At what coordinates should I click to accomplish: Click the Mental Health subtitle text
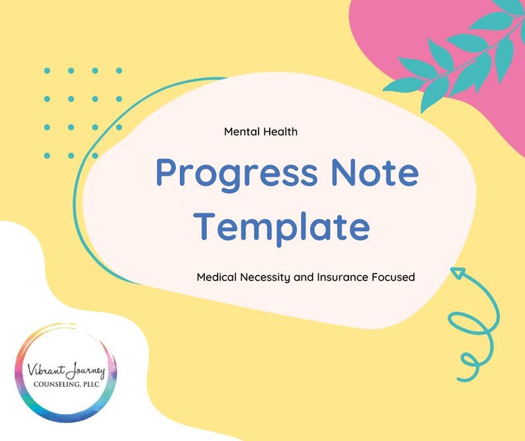[261, 132]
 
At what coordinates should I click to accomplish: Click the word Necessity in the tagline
[264, 277]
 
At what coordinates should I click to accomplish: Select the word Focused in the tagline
[394, 277]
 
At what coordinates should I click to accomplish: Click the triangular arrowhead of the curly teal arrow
[458, 273]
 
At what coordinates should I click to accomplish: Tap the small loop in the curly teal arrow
[469, 360]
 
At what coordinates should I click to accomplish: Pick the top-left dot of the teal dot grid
[47, 70]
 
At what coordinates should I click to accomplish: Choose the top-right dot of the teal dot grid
[119, 70]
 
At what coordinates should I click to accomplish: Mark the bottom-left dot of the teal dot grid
[47, 156]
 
